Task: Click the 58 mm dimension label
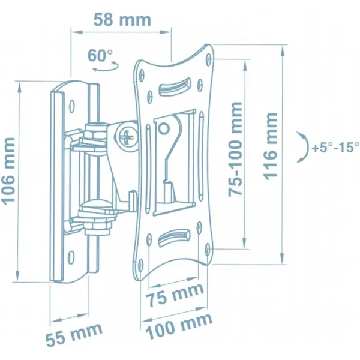pyautogui.click(x=122, y=20)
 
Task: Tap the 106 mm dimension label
pyautogui.click(x=8, y=170)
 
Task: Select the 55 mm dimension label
pyautogui.click(x=74, y=335)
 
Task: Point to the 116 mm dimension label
pyautogui.click(x=270, y=146)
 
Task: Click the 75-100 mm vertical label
pyautogui.click(x=235, y=149)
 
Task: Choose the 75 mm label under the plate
pyautogui.click(x=175, y=295)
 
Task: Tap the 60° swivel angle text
pyautogui.click(x=100, y=55)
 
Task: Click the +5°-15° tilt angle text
pyautogui.click(x=335, y=147)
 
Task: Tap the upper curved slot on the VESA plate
pyautogui.click(x=175, y=86)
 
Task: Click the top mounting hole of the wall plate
pyautogui.click(x=72, y=107)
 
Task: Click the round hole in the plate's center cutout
pyautogui.click(x=164, y=128)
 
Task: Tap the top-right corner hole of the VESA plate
pyautogui.click(x=208, y=59)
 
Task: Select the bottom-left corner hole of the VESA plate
pyautogui.click(x=141, y=265)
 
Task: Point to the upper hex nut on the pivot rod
pyautogui.click(x=96, y=134)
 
